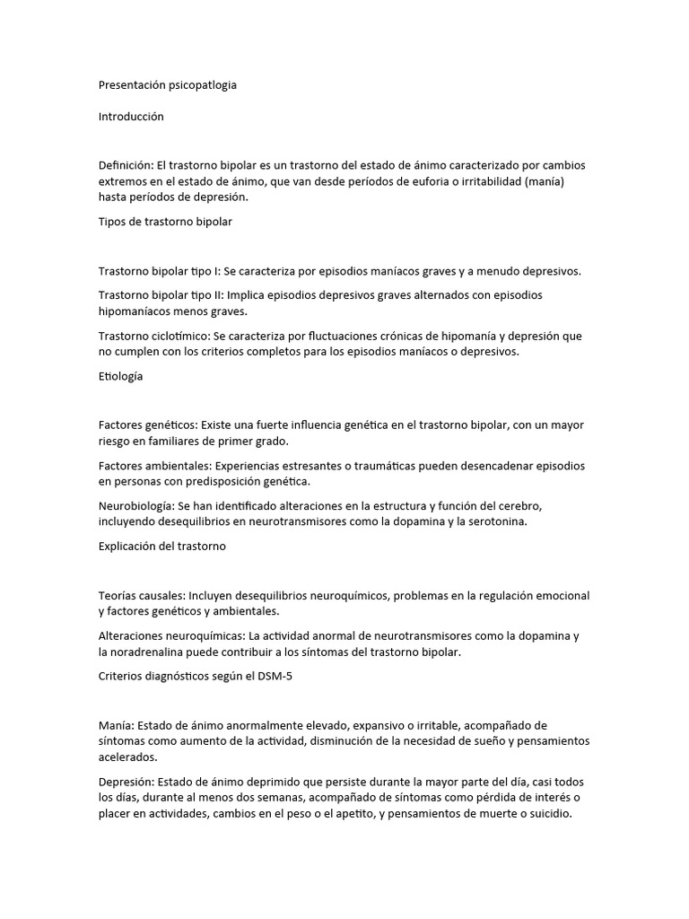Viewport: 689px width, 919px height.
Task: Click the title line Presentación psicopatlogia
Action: click(x=168, y=85)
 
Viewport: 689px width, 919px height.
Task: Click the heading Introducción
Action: click(x=131, y=117)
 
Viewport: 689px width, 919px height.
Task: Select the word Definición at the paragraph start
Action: click(x=126, y=166)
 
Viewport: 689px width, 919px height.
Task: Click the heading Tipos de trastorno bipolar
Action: click(x=165, y=223)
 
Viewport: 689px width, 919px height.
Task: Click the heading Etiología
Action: click(x=120, y=377)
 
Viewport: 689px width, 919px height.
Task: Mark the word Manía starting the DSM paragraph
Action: click(x=116, y=725)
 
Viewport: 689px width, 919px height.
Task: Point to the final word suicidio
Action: click(x=546, y=814)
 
